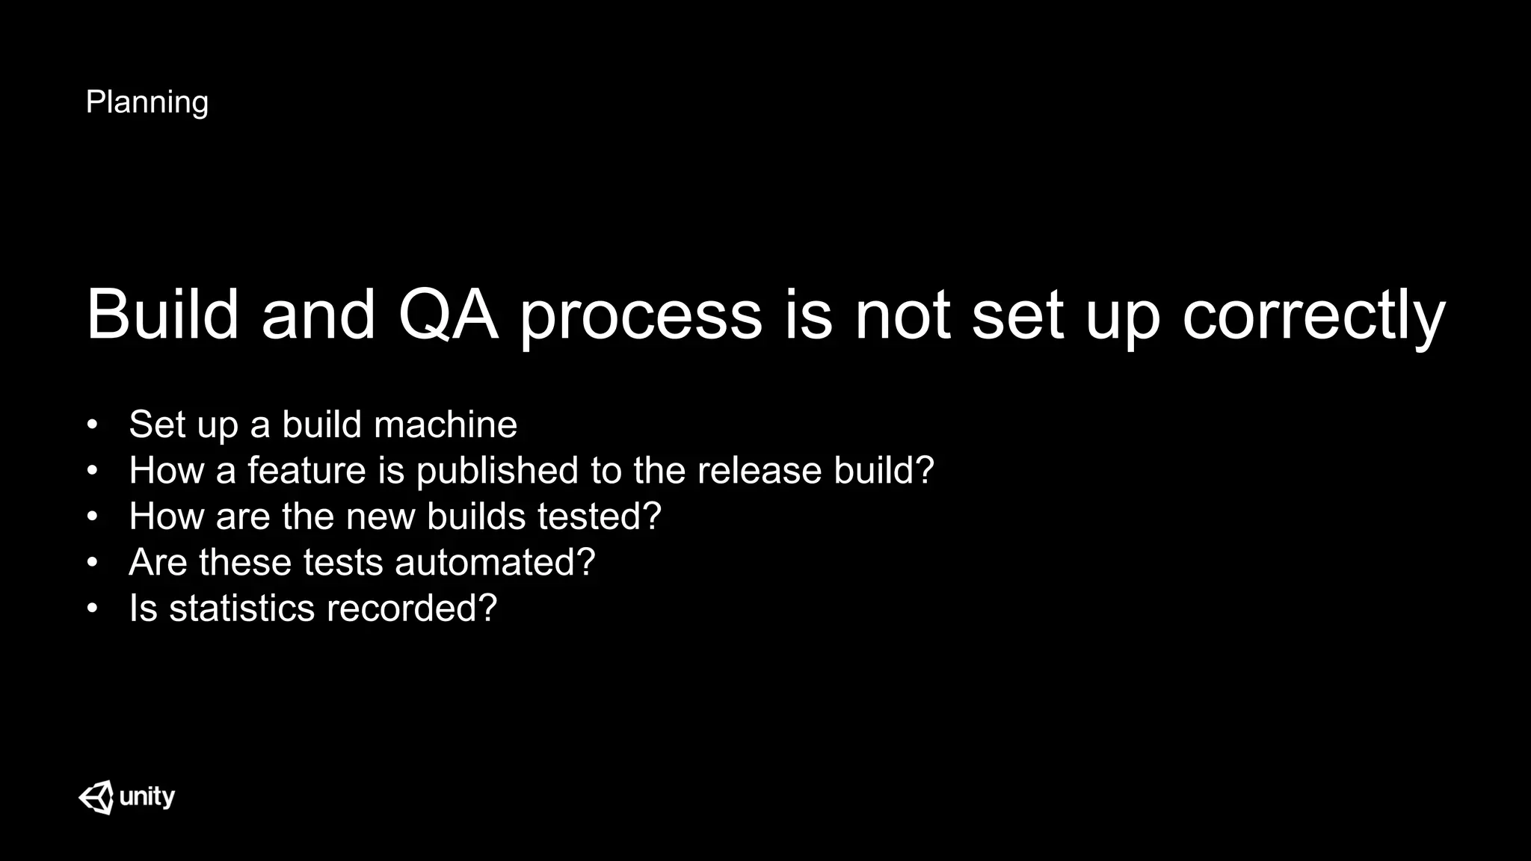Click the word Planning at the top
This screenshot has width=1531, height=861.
tap(147, 102)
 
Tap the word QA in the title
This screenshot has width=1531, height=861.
tap(448, 315)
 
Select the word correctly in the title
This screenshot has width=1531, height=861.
tap(1313, 316)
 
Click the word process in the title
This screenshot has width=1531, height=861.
tap(641, 316)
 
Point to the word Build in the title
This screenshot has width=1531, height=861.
tap(162, 315)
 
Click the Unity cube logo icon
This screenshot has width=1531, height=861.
tap(96, 797)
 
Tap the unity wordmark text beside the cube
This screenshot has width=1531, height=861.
tap(147, 797)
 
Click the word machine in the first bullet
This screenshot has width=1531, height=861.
tap(445, 425)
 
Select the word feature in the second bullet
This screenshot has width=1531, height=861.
tap(306, 470)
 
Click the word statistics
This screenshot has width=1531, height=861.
tap(241, 608)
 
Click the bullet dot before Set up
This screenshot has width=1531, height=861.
tap(92, 425)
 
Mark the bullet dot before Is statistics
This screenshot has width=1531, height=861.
tap(92, 608)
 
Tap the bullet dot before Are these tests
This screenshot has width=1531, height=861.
tap(92, 562)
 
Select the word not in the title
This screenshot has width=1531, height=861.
tap(903, 315)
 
